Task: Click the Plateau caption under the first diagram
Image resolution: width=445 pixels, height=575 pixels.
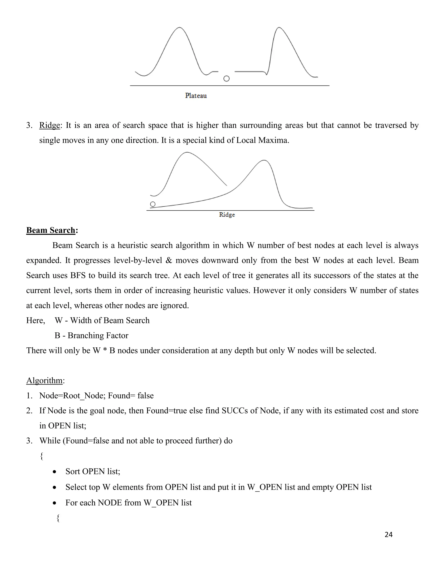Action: [x=196, y=95]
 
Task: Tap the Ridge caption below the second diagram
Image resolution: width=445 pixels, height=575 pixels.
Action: [x=227, y=215]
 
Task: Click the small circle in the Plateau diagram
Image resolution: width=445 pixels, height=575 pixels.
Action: [x=226, y=79]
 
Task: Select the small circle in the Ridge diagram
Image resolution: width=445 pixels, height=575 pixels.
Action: [x=153, y=204]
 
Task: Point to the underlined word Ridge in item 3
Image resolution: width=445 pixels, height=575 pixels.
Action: [x=50, y=125]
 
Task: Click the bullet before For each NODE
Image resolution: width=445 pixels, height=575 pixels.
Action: [x=55, y=503]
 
